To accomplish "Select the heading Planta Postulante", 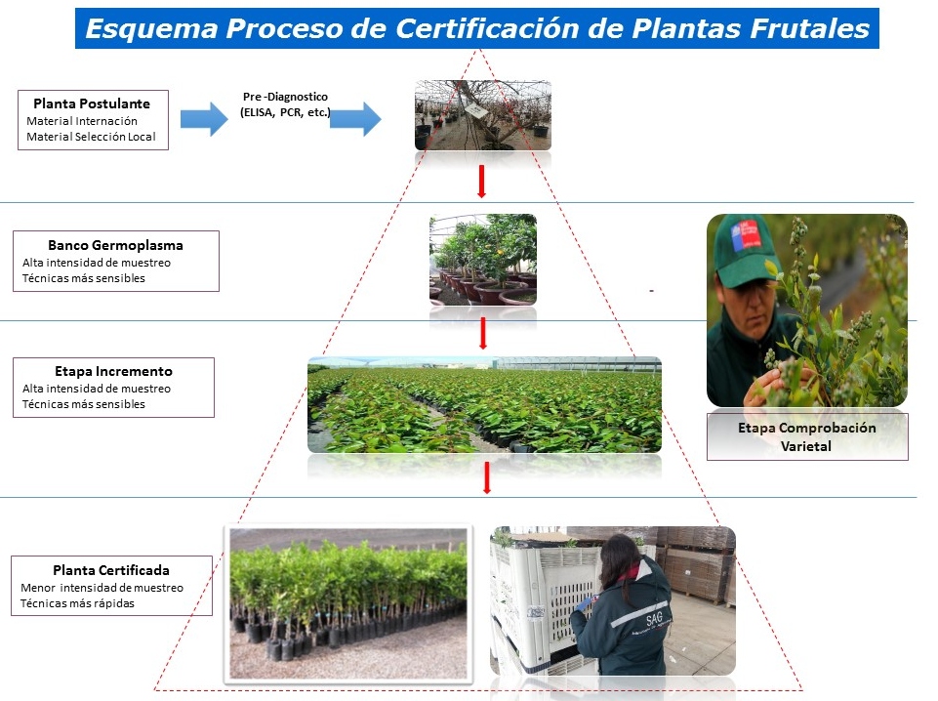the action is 92,103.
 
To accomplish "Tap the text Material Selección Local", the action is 91,137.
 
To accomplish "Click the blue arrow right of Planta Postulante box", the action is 204,119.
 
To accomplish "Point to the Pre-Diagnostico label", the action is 285,97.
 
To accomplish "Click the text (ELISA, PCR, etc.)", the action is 285,112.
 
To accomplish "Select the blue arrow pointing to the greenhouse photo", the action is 355,119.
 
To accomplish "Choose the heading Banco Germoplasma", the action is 115,245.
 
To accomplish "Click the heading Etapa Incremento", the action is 113,371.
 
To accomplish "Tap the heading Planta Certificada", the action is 111,570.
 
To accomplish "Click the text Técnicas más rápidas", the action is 77,603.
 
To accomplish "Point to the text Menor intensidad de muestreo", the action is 102,588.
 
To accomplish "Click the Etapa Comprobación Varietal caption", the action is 806,436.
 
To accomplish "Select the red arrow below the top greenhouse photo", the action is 481,182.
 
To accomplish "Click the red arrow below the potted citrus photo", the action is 483,333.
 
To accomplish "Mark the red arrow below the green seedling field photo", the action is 487,477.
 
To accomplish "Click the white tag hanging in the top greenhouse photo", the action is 476,110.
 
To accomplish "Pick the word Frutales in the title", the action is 810,28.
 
